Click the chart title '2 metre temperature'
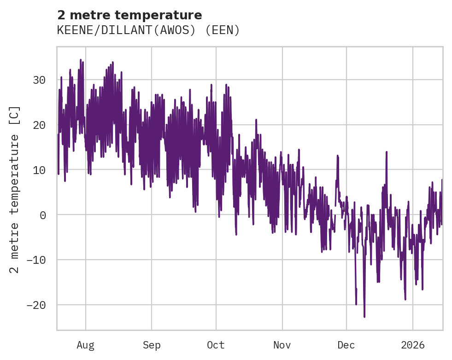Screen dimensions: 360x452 [x=129, y=15]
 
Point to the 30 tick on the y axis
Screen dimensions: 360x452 [x=39, y=80]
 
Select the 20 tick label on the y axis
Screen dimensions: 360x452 [x=39, y=125]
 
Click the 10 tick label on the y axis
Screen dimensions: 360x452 [x=39, y=170]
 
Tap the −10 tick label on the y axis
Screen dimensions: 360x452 [x=36, y=260]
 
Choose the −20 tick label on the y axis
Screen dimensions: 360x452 [x=36, y=305]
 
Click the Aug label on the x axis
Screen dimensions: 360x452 [x=85, y=345]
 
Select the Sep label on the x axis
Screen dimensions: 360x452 [x=151, y=345]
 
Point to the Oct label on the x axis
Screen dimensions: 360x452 [x=216, y=345]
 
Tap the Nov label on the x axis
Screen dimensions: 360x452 [x=282, y=345]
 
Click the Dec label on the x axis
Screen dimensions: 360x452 [x=346, y=345]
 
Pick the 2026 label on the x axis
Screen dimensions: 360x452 [x=412, y=345]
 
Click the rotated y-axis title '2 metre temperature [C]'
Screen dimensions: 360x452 [x=15, y=189]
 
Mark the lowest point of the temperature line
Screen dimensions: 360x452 [x=364, y=317]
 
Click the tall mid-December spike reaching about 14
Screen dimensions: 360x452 [x=387, y=152]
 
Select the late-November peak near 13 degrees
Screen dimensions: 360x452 [x=337, y=156]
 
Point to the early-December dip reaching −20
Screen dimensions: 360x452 [x=356, y=304]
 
